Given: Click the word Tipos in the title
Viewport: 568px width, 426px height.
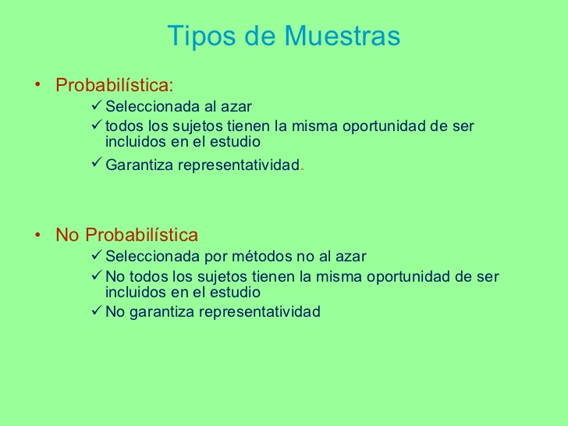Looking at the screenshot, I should click(x=194, y=37).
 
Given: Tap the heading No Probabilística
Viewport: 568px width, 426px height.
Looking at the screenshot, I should click(x=126, y=235).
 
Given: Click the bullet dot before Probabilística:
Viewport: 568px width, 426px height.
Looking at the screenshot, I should click(x=37, y=84).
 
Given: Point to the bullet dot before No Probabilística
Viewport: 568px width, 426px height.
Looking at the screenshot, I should click(x=37, y=235).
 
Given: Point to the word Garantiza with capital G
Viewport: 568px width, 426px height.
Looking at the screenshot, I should click(x=139, y=165).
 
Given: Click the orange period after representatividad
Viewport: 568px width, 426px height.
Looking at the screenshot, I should click(x=302, y=168).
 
